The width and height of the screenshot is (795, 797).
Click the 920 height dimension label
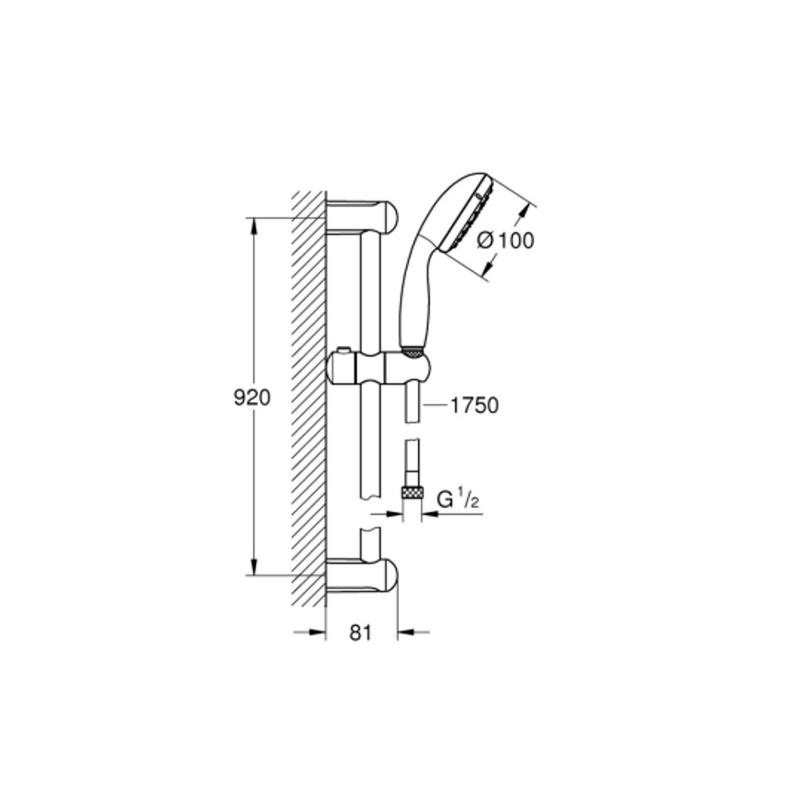coord(251,398)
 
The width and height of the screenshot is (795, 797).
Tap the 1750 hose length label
coord(475,406)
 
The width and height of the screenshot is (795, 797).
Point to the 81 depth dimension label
coord(361,633)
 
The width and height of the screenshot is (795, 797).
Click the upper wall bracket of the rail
coord(362,218)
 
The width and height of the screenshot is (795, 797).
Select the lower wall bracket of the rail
coord(362,576)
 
